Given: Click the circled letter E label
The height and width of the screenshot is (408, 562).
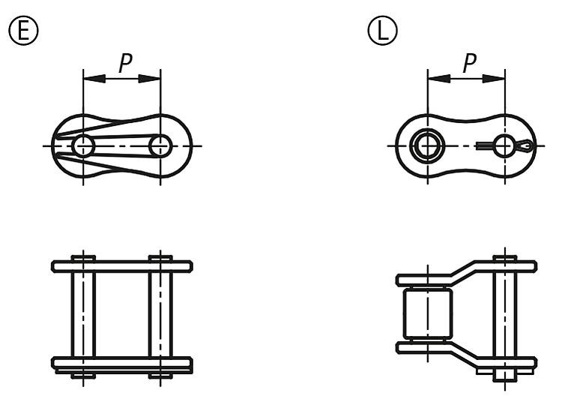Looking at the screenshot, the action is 23,31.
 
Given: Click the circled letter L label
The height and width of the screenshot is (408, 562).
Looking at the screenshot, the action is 383,31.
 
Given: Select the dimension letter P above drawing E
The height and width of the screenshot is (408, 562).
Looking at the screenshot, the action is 125,63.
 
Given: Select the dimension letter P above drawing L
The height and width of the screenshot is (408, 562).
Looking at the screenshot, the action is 470,63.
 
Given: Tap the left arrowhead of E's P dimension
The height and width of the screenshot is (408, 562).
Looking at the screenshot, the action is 94,79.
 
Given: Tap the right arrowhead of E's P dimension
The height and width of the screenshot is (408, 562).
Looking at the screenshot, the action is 149,79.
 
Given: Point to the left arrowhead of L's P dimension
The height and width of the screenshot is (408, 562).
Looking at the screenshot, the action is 439,79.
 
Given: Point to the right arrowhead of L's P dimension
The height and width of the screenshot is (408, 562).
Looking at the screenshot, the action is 494,79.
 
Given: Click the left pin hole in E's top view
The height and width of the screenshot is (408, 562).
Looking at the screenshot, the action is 83,146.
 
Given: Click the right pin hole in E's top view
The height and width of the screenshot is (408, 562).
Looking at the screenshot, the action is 160,146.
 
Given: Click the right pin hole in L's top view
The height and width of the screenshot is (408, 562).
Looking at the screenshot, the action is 504,146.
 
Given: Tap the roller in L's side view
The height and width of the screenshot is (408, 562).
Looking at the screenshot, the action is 428,314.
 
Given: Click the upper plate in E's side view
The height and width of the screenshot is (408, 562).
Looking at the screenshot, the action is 122,266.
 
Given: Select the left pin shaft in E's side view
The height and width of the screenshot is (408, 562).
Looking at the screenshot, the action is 83,314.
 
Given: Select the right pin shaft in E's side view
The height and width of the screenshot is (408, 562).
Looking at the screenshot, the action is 160,314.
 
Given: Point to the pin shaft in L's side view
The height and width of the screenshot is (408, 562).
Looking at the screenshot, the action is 504,314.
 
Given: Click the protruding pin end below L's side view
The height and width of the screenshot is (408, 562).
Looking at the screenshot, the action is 504,376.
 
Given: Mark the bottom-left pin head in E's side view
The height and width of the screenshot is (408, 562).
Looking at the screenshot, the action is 83,376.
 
